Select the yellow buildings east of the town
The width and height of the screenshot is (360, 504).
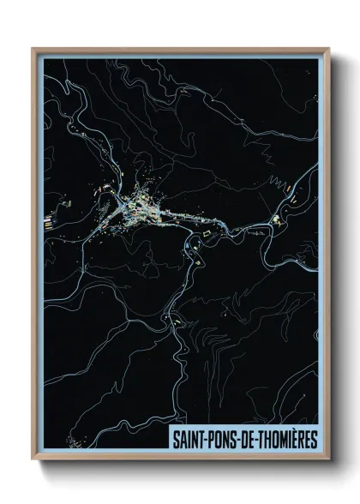(x=276, y=221)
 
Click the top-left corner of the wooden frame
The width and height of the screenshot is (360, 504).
(x=33, y=48)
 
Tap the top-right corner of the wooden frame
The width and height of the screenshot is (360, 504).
(x=327, y=48)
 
